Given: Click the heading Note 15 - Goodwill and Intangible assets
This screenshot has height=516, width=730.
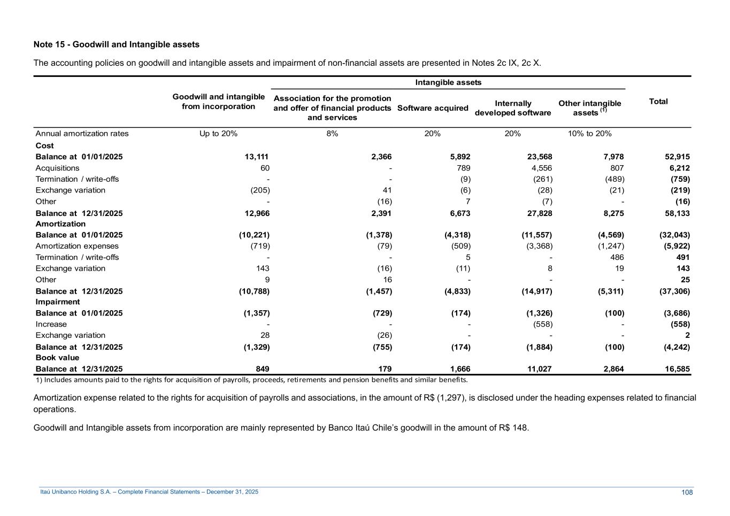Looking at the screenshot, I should (117, 44).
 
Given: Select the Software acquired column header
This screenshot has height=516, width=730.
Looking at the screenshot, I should (433, 108).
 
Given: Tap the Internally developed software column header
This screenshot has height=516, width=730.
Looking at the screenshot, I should (512, 108).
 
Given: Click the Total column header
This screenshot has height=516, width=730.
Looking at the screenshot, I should (658, 102).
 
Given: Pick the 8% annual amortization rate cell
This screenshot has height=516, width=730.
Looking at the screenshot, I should (332, 134).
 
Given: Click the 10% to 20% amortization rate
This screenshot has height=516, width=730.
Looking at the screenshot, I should (589, 134).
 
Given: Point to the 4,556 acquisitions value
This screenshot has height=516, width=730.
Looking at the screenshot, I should (540, 168).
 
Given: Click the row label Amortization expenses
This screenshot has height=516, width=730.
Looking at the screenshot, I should (77, 246).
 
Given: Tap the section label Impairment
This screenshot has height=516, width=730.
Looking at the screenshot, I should (58, 302).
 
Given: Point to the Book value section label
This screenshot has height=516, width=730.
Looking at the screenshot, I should (57, 358).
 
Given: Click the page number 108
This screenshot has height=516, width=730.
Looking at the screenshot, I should (687, 492).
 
